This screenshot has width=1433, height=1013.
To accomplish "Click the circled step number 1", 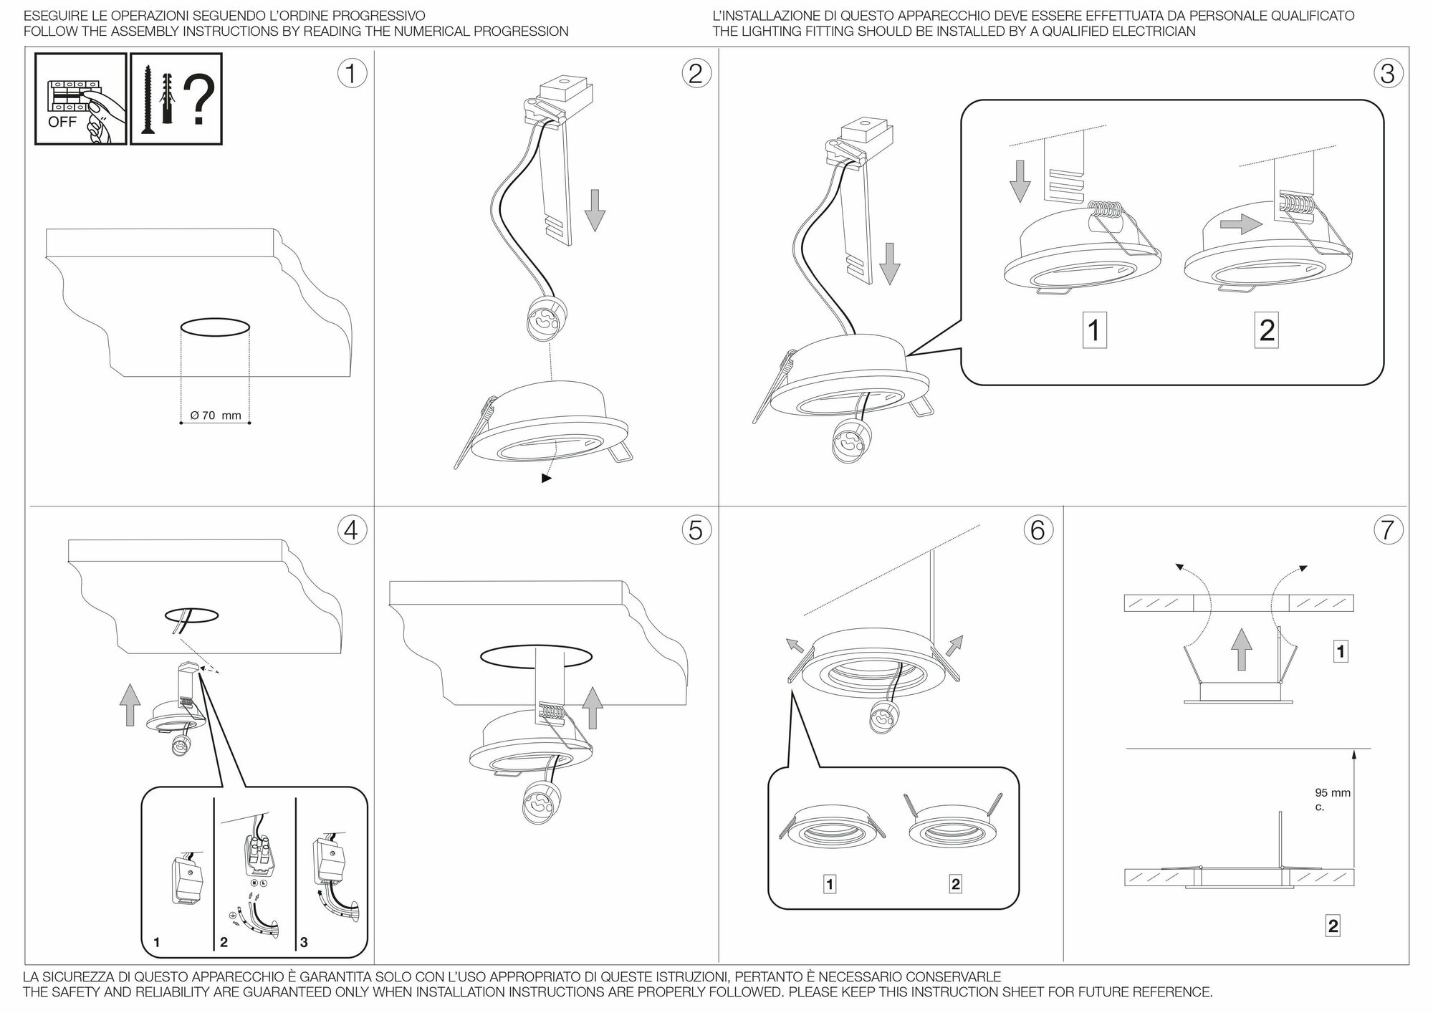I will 351,74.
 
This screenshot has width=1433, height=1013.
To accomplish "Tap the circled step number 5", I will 695,530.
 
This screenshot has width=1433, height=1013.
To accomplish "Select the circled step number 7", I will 1388,530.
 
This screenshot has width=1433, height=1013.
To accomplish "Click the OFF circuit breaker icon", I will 81,99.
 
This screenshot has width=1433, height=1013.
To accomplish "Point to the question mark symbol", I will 200,100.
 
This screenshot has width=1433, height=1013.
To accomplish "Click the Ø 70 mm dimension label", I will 216,416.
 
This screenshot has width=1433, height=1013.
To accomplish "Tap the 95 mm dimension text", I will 1332,793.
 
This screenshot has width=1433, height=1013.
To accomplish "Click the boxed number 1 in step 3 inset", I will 1093,330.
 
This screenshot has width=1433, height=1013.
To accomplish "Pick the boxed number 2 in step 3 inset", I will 1267,330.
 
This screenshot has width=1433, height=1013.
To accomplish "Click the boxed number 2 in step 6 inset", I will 955,884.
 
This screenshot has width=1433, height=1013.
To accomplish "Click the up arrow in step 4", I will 130,704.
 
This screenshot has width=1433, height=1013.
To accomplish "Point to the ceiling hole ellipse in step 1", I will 216,328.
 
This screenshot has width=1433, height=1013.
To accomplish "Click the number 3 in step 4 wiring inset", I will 304,942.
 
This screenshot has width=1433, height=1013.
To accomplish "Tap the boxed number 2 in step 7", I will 1333,926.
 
